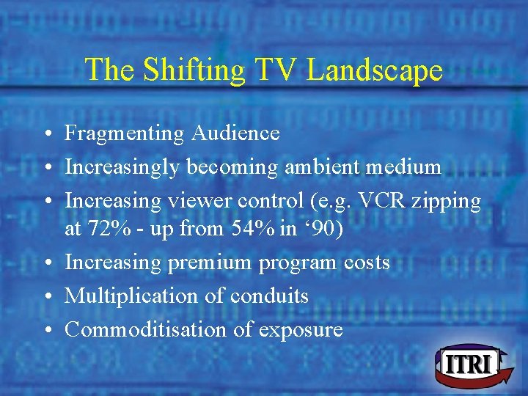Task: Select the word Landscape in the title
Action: tap(375, 70)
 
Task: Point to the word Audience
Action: tap(235, 133)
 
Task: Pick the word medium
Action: tap(406, 167)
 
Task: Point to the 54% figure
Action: tap(255, 229)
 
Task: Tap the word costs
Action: tap(364, 263)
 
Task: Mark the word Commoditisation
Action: tap(146, 330)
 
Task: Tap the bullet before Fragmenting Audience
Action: tap(46, 134)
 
